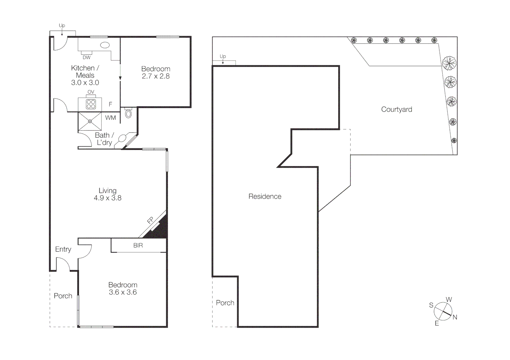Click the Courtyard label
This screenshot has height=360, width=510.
coord(396,109)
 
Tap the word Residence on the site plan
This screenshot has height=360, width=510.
coord(265,196)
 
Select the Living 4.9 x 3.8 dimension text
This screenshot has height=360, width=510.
coord(107,198)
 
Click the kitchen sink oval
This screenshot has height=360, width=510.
coord(105,45)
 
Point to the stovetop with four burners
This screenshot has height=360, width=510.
coord(91,104)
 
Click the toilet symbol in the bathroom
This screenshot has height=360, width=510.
coord(128,114)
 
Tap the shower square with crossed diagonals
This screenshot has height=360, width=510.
coord(90,121)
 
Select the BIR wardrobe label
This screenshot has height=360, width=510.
coord(138,245)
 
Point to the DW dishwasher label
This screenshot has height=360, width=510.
coord(86,57)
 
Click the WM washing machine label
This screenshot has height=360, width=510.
coord(110,118)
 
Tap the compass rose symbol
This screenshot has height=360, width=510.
coord(443,311)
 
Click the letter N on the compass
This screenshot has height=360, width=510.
coord(455,317)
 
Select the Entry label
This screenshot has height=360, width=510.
coord(63,249)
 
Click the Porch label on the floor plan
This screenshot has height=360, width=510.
coord(63,296)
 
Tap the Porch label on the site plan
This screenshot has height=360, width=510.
coord(225,303)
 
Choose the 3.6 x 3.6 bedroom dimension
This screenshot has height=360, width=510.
coord(123,292)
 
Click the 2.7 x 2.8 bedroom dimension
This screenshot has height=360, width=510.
coord(156,76)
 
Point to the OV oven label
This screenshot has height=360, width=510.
coord(91,92)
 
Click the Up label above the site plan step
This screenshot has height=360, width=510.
coord(223,56)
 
